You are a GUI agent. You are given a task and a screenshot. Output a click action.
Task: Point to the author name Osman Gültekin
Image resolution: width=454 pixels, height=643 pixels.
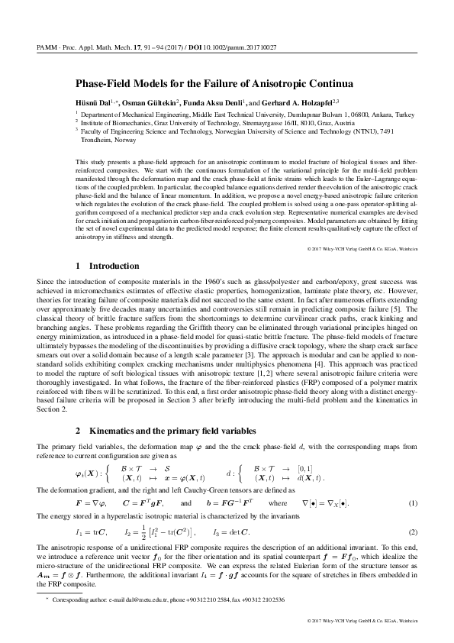click(x=150, y=101)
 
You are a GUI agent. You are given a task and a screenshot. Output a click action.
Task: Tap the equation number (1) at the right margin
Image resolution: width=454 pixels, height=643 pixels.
click(x=413, y=482)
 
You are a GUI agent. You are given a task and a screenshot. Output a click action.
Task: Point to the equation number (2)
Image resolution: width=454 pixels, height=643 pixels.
click(x=413, y=510)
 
